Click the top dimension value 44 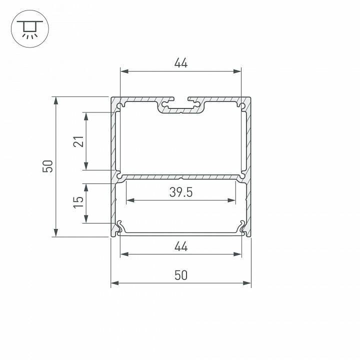pyautogui.click(x=180, y=63)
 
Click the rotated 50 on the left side pyautogui.click(x=47, y=166)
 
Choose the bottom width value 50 pyautogui.click(x=180, y=275)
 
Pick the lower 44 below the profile pyautogui.click(x=180, y=246)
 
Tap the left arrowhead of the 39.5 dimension pyautogui.click(x=129, y=200)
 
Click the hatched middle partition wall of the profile pyautogui.click(x=180, y=177)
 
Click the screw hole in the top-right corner pyautogui.click(x=242, y=106)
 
